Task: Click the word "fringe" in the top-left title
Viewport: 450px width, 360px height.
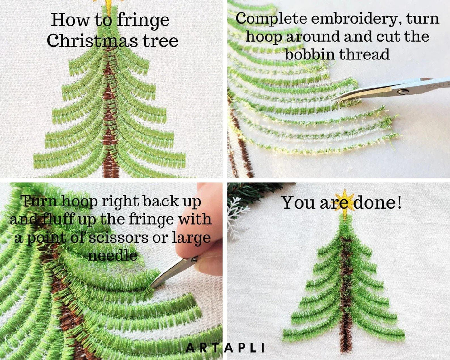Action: click(143, 21)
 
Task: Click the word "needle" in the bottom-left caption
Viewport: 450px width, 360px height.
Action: click(112, 256)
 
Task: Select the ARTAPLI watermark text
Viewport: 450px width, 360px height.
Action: click(225, 348)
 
